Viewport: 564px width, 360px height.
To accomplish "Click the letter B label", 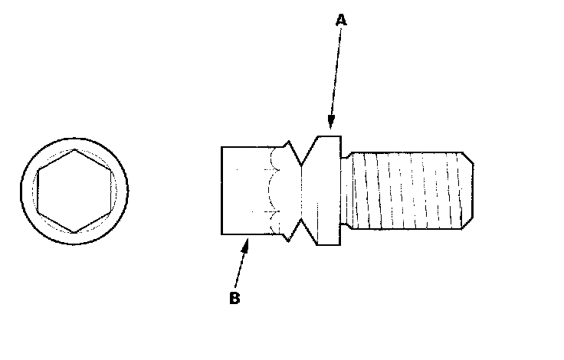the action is (235, 299).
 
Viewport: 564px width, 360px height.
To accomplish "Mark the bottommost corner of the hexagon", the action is (74, 231).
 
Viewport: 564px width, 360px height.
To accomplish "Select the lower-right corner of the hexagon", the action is (110, 211).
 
